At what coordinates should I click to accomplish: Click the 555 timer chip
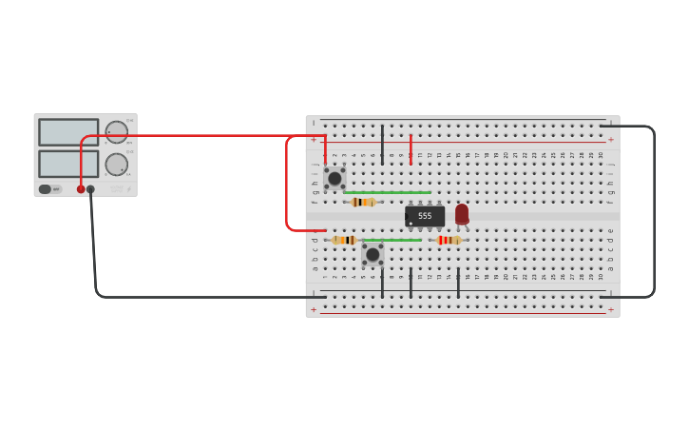coord(425,216)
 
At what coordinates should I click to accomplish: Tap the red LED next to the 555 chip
coord(462,214)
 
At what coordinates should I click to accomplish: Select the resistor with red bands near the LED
coord(449,240)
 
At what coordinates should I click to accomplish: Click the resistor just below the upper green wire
coord(362,202)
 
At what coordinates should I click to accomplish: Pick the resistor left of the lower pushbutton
coord(344,240)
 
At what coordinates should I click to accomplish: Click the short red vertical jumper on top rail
coord(411,148)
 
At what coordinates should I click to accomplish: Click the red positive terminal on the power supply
coord(81,189)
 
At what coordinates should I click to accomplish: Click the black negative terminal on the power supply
coord(91,189)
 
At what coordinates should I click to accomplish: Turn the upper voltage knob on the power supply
coord(116,132)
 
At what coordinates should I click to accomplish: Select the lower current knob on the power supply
coord(116,165)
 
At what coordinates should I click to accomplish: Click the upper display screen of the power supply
coord(68,132)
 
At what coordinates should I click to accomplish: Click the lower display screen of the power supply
coord(68,164)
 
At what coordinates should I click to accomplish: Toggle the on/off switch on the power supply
coord(46,189)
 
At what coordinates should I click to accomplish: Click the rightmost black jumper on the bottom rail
coord(458,283)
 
